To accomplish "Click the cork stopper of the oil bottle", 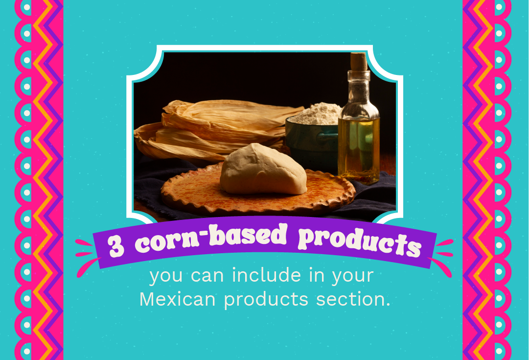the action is (x=358, y=61).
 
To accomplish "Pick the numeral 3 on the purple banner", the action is (x=116, y=246).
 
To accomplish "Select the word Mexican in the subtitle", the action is (x=178, y=299).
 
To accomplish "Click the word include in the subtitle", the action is (x=266, y=275).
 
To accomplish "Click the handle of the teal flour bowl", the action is (x=326, y=135).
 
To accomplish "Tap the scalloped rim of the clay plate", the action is (x=258, y=206).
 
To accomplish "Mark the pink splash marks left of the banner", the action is (x=87, y=257).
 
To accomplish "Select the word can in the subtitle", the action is (x=207, y=276).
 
